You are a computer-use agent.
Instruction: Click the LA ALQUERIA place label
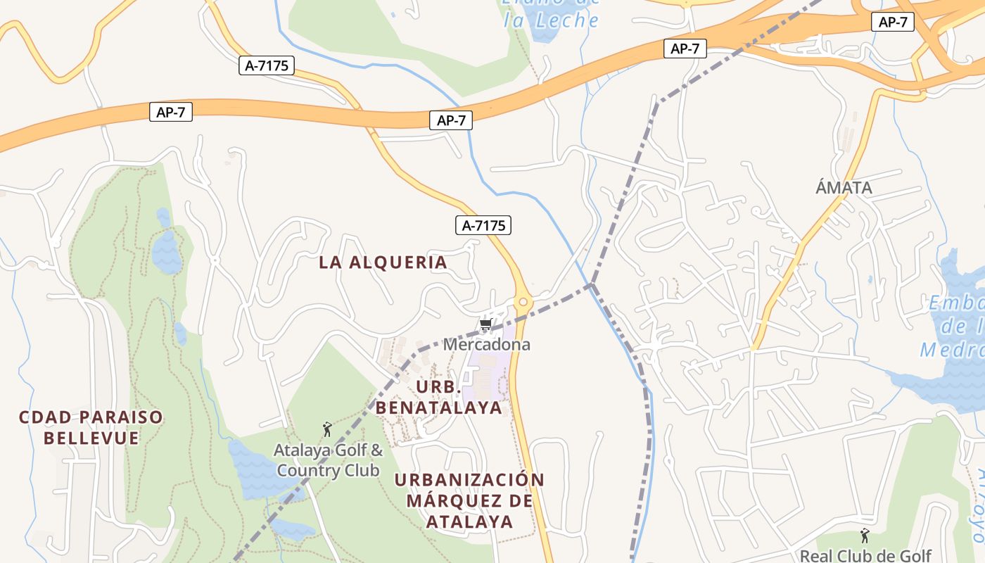[383, 262]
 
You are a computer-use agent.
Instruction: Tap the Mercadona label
[486, 345]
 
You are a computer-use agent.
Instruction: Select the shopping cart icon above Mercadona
[485, 325]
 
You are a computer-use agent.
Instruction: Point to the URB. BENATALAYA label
[439, 398]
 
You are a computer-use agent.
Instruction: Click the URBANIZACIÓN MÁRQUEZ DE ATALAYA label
[469, 500]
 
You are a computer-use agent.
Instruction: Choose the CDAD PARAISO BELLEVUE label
[91, 427]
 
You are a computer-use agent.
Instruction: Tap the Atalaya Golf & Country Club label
[328, 460]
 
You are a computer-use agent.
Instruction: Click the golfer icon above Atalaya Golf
[326, 429]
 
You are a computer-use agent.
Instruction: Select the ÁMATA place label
[844, 188]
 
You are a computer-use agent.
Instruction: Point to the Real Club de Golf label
[865, 555]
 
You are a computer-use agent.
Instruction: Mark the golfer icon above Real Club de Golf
[865, 536]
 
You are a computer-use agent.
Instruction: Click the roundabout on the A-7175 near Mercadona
[523, 303]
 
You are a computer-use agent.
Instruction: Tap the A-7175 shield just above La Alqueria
[483, 226]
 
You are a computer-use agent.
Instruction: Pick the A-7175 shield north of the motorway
[267, 66]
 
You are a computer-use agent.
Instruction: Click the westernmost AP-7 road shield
[170, 112]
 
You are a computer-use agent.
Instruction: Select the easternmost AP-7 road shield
[893, 22]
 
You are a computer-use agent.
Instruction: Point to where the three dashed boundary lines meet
[592, 284]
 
